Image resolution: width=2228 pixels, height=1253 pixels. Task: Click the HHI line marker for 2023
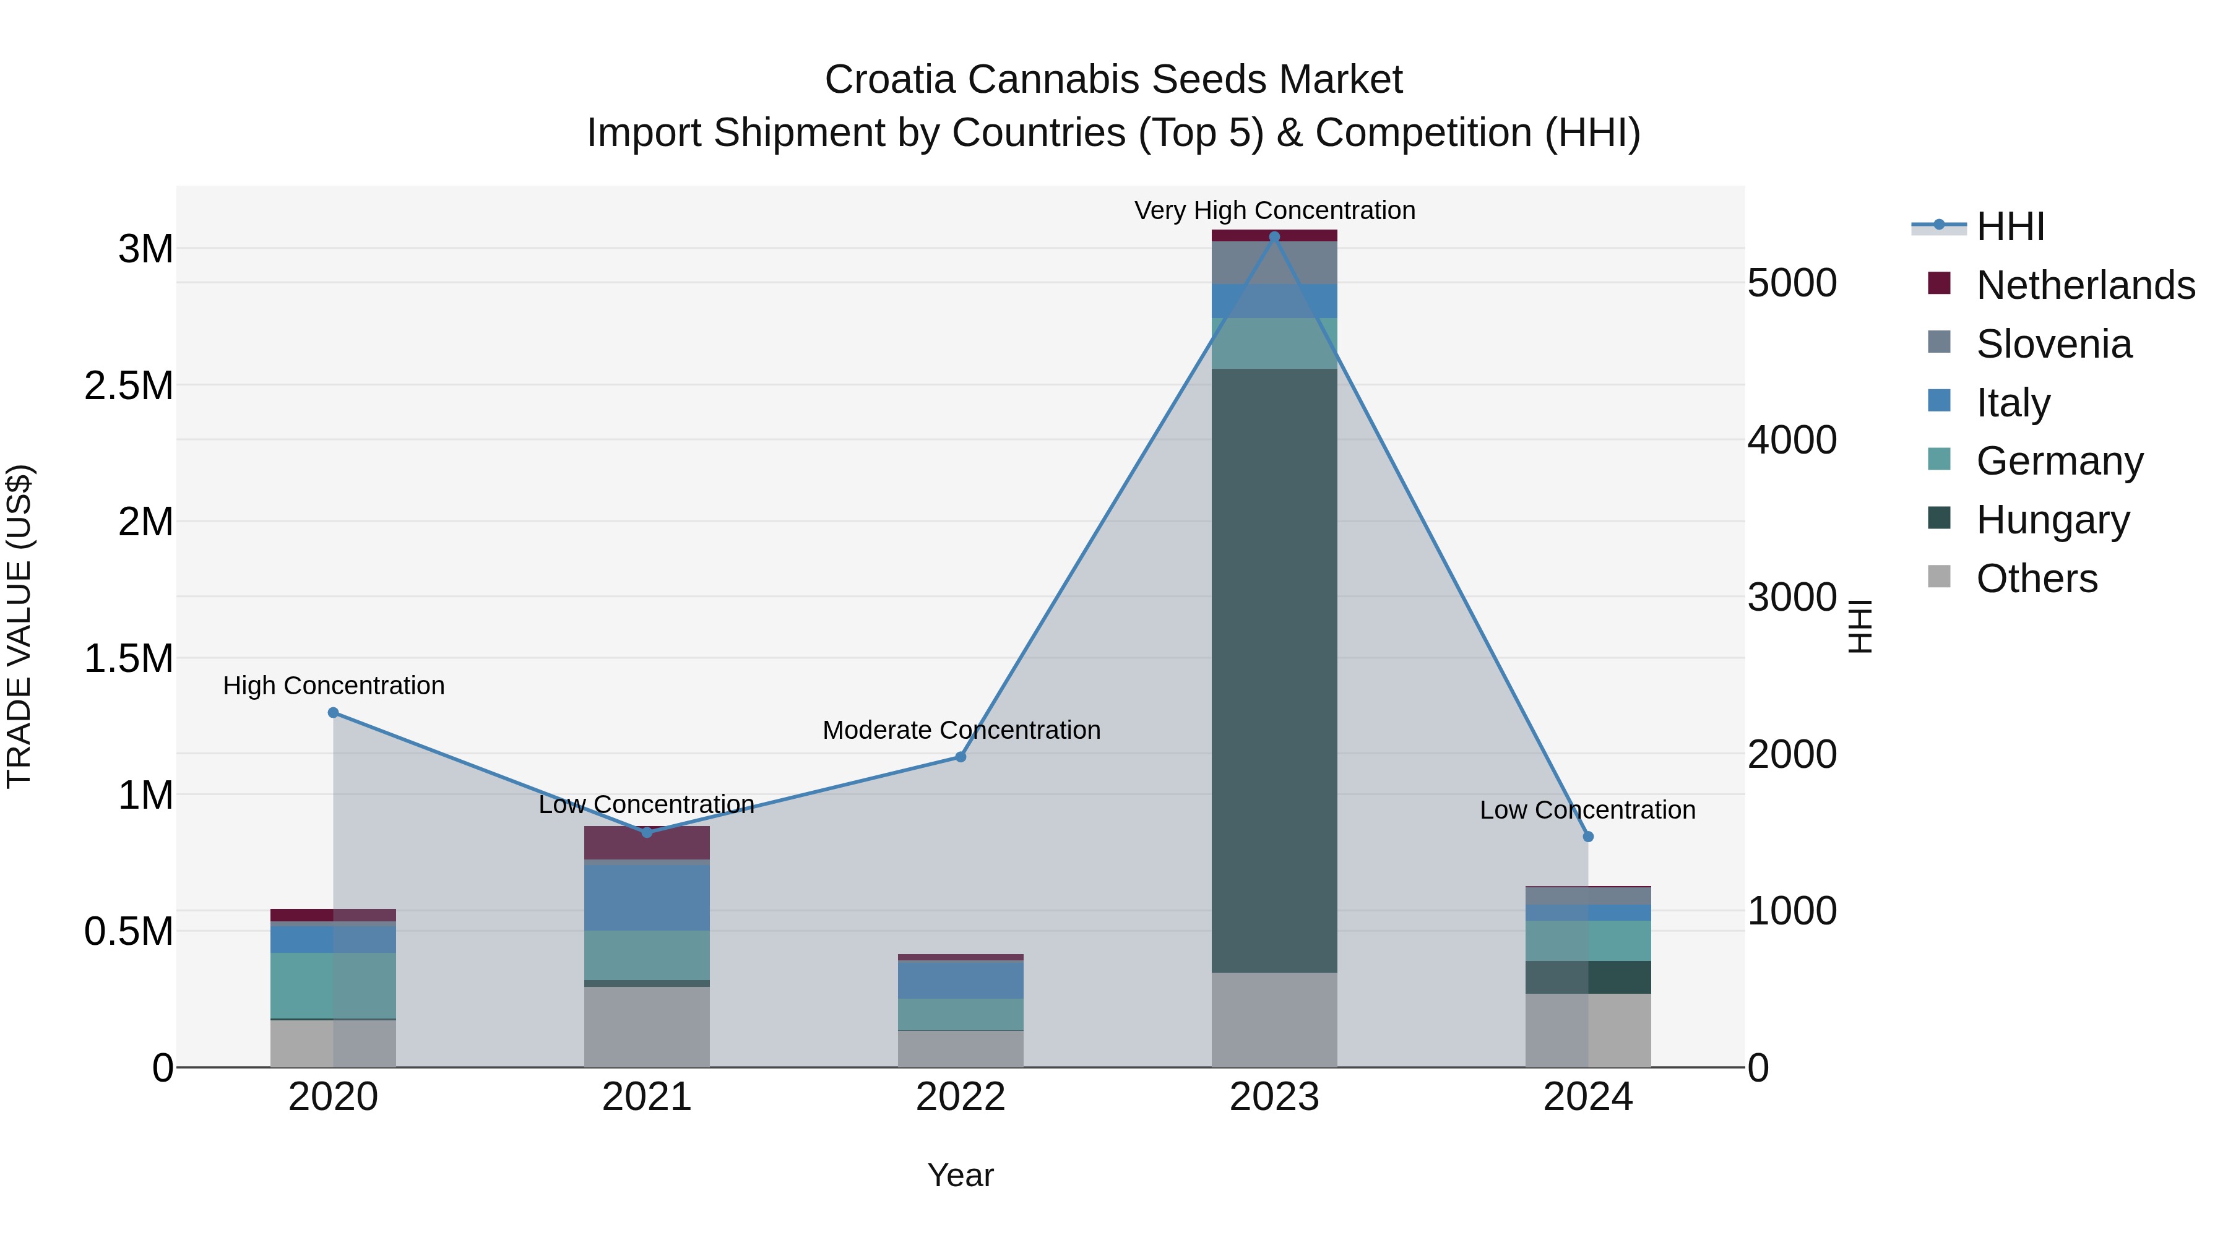click(1274, 237)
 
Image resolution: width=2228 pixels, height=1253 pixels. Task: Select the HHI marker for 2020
click(333, 713)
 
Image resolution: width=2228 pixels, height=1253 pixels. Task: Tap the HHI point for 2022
click(960, 757)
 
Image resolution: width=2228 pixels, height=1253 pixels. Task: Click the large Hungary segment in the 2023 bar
click(1274, 670)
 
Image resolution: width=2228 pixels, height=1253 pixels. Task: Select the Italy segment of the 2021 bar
click(647, 897)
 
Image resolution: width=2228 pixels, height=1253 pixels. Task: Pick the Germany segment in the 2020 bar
click(333, 986)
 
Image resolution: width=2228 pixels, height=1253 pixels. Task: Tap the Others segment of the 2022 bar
click(960, 1049)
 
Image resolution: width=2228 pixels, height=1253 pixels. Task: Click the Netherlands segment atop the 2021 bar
click(647, 842)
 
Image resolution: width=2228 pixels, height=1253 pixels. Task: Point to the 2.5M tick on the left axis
click(129, 385)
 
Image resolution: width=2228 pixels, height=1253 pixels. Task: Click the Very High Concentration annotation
click(1274, 210)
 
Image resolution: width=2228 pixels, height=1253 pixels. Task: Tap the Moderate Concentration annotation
click(961, 730)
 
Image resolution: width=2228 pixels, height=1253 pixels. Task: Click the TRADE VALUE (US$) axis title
click(19, 626)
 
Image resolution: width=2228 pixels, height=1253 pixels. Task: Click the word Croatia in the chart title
click(890, 80)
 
